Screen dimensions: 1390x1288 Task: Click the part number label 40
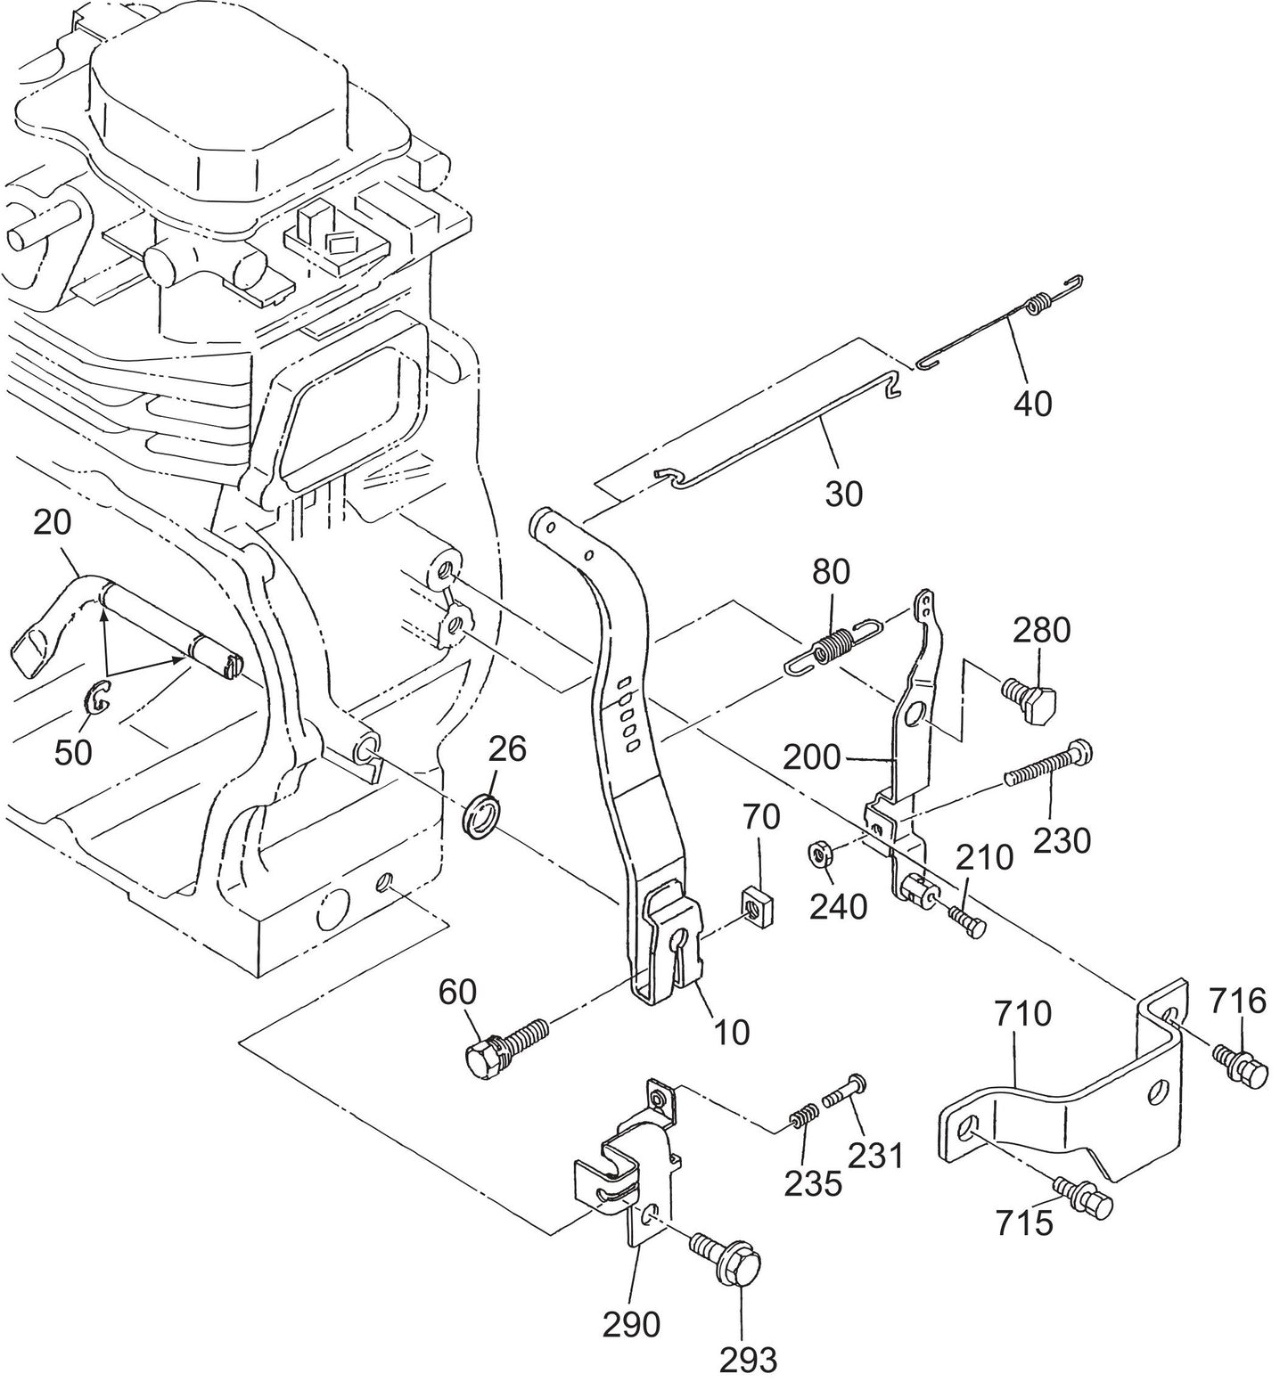(x=1032, y=404)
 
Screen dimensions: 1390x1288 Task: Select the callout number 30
(x=843, y=493)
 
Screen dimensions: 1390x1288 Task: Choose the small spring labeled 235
(x=803, y=1117)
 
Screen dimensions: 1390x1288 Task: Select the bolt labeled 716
(x=1241, y=1065)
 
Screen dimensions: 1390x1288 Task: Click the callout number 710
(x=1022, y=1015)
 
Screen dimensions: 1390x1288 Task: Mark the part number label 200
(x=812, y=757)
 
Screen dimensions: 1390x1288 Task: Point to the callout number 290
(x=631, y=1324)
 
